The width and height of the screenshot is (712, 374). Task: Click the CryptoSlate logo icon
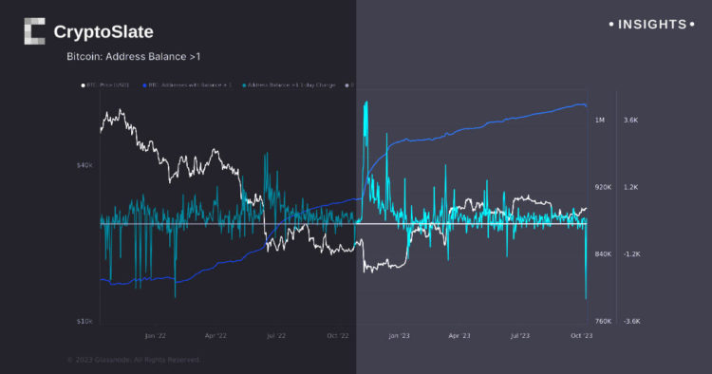pos(34,31)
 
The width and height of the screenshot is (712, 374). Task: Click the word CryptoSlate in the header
pos(103,32)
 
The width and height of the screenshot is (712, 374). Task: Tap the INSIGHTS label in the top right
pos(651,24)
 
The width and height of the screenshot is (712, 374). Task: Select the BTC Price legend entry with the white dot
pos(106,84)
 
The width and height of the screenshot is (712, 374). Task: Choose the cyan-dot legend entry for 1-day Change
pos(286,84)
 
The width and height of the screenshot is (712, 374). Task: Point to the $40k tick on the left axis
pos(84,165)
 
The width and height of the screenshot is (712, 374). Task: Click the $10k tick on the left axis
pos(84,322)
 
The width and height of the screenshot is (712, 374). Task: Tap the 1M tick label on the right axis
pos(600,121)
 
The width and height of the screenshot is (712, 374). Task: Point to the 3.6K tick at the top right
pos(631,121)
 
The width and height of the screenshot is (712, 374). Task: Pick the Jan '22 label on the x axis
pos(155,335)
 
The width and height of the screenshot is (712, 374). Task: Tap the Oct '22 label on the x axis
pos(338,335)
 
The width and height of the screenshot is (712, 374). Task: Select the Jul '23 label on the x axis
pos(520,335)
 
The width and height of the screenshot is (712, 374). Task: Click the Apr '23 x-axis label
pos(459,335)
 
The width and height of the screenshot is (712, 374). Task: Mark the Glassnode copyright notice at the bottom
pos(133,360)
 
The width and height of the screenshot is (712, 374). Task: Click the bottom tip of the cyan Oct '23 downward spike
pos(587,299)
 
